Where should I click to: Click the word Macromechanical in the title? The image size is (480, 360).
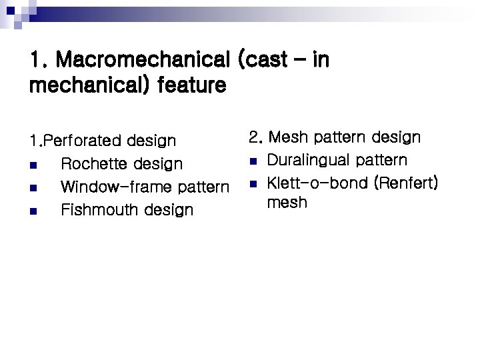(x=143, y=61)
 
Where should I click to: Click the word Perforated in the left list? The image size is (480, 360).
(x=82, y=141)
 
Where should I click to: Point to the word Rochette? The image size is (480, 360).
(x=92, y=164)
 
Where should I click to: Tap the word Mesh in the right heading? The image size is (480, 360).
(x=288, y=138)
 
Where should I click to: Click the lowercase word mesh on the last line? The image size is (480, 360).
(x=287, y=202)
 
